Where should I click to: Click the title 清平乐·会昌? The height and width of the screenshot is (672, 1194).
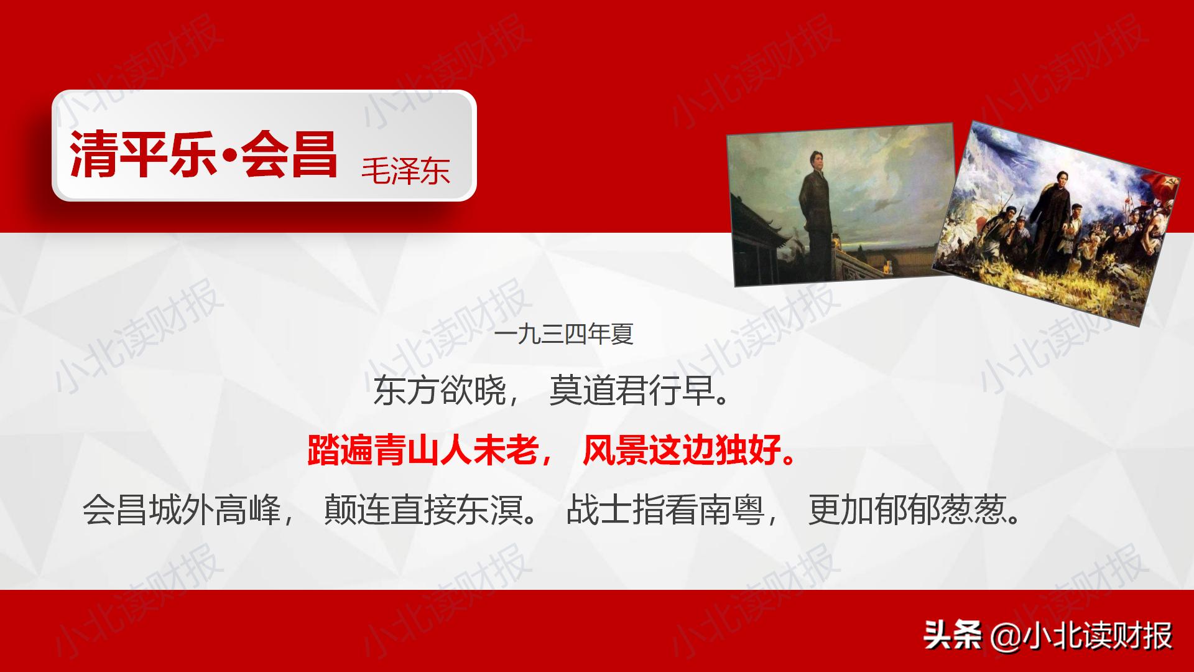point(203,154)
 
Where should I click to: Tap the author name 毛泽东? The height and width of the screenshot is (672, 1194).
point(405,169)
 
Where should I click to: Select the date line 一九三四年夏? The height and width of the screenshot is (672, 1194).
point(564,335)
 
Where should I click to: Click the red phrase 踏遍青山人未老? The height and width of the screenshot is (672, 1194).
point(422,450)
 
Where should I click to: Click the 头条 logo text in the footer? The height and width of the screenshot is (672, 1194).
point(952,635)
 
